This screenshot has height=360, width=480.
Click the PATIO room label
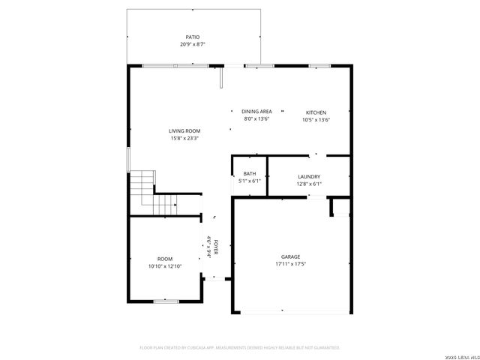point(193,37)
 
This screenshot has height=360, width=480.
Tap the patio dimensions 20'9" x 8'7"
point(193,44)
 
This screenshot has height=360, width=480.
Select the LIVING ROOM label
point(184,130)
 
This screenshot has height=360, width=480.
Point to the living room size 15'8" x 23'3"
point(184,138)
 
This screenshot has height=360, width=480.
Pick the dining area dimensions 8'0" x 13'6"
point(256,119)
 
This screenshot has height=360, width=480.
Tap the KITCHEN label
point(316,112)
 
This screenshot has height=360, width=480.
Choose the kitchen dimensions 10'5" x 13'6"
point(316,119)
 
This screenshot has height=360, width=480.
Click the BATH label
point(249,173)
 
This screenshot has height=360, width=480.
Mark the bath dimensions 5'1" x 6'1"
point(249,181)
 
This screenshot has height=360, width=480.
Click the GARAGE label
point(290,256)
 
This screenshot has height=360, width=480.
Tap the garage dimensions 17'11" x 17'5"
point(290,263)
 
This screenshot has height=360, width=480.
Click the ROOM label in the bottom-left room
point(164,259)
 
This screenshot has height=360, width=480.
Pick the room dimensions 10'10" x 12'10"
point(164,266)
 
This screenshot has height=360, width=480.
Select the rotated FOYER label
point(217,247)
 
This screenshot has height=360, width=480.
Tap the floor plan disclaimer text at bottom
point(240,347)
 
